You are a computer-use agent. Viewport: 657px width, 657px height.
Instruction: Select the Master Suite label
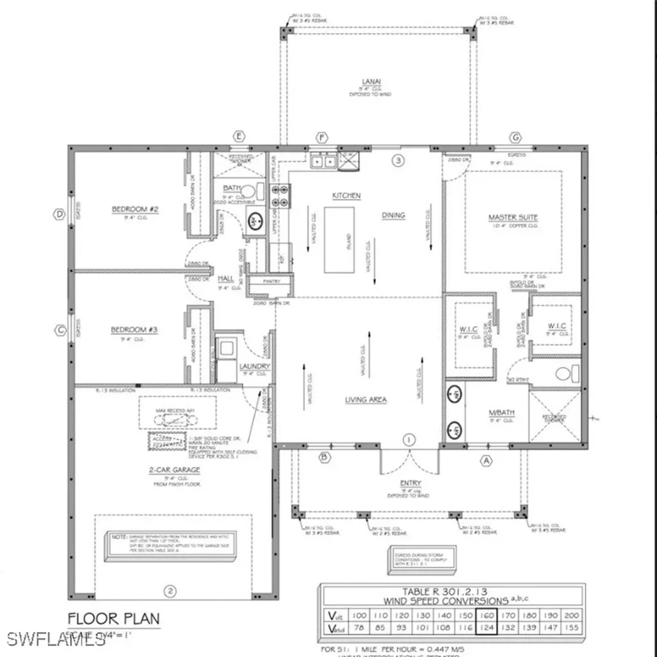pos(513,218)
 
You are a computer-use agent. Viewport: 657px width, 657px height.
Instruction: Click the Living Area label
pos(365,400)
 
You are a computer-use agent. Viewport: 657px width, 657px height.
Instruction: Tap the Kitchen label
pos(346,196)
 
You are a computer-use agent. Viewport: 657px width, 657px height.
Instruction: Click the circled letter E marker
pos(240,136)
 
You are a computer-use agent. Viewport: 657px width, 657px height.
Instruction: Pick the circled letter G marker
pos(515,137)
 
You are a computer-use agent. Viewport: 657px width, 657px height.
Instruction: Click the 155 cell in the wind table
pos(571,628)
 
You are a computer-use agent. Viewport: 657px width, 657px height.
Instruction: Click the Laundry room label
pos(255,366)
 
